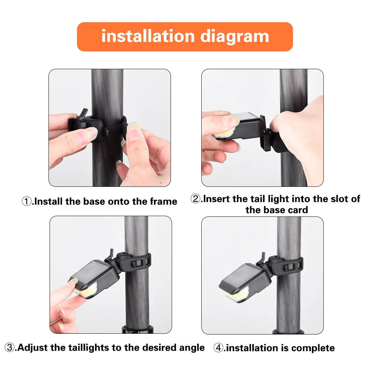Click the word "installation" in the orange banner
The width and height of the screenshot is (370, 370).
148,36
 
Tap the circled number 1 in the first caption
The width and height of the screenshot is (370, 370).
27,201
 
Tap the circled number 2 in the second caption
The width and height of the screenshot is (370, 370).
195,198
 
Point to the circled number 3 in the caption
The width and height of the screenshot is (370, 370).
10,347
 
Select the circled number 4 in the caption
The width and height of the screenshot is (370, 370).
219,348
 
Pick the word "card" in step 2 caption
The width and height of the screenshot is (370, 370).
298,210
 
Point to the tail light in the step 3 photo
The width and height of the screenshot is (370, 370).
94,279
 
